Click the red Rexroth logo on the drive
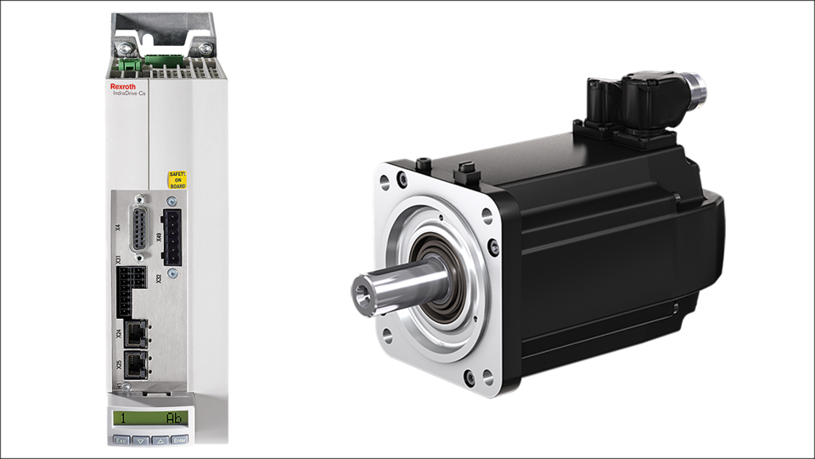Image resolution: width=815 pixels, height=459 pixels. (x=124, y=86)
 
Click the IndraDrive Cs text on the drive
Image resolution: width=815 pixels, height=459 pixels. (x=127, y=94)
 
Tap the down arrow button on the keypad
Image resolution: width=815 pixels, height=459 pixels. (x=141, y=441)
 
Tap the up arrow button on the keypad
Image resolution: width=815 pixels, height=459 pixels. (x=159, y=441)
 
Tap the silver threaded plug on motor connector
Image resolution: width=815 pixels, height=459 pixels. (x=697, y=86)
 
